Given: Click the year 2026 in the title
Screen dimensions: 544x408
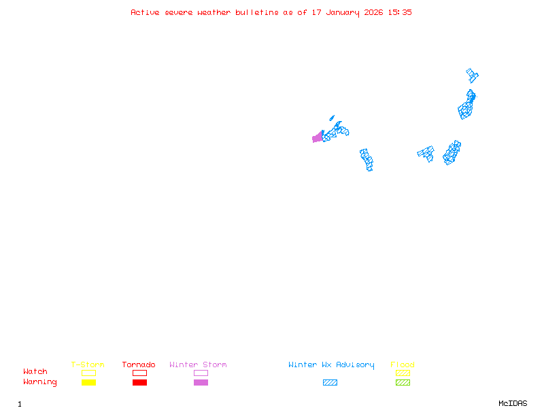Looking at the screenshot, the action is tap(373, 12).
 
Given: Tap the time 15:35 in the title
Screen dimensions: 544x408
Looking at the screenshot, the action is tap(400, 12).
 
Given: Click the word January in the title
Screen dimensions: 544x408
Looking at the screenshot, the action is tap(343, 13).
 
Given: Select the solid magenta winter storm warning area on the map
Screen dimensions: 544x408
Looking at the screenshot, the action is tap(318, 137).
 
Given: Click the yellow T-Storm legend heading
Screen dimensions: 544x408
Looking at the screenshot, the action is tap(88, 364).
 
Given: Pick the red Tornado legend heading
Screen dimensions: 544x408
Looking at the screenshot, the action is tap(139, 364).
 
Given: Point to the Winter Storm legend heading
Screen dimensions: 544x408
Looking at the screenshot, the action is tap(198, 364).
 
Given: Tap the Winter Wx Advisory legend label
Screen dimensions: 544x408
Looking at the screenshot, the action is tap(331, 365).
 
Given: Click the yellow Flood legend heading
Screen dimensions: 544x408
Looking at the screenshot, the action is tap(403, 364).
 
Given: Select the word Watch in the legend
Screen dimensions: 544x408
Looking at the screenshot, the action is tap(35, 371).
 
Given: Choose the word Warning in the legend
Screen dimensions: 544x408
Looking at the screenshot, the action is tap(40, 382).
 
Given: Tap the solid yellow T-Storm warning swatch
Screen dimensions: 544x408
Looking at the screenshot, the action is tap(89, 382).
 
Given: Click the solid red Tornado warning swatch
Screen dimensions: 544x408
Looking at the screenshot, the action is tap(140, 382).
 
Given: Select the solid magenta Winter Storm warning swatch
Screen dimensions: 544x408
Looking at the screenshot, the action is tap(201, 382).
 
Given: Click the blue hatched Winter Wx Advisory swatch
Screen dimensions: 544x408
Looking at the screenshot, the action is tap(330, 382).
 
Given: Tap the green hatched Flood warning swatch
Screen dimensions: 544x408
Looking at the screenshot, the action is tap(403, 382).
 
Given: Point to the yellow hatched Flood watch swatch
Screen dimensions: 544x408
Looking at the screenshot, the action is tap(403, 373).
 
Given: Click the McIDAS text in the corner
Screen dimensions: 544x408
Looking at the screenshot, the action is tap(513, 403).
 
